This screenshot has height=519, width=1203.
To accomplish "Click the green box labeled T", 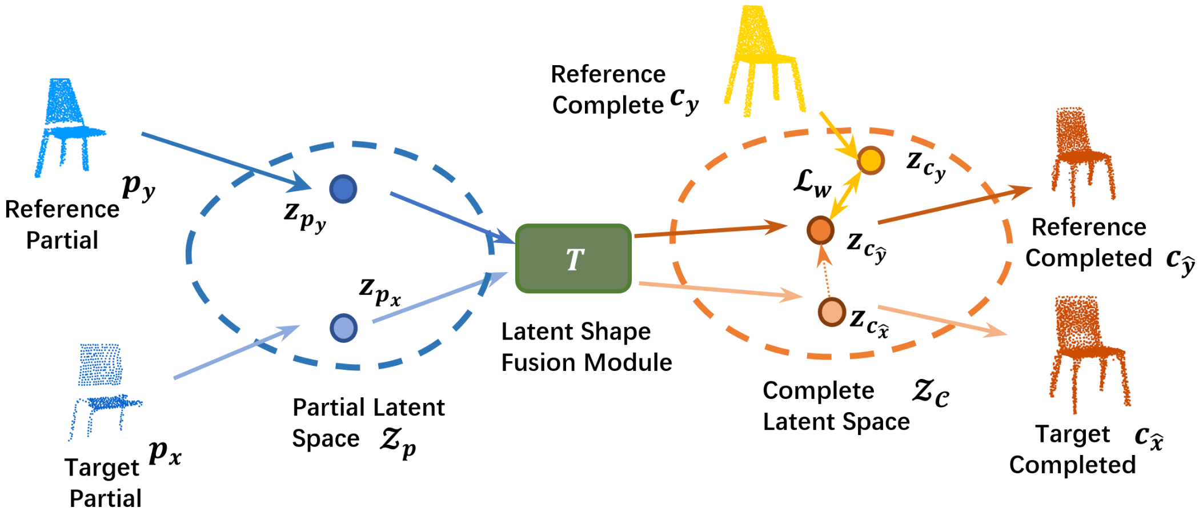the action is coord(574,258).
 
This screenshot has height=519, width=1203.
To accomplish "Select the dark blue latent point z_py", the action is coord(343,189).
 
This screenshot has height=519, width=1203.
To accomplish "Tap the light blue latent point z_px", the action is coord(344,328).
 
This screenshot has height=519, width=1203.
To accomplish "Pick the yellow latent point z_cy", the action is coord(871,160).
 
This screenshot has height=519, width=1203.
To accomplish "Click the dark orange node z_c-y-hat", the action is coord(820,230).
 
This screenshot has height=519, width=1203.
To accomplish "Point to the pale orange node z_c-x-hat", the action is coord(832,312).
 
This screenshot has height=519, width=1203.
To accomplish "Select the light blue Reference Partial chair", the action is coord(69,127).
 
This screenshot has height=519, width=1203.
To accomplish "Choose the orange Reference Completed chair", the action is coord(1082,156).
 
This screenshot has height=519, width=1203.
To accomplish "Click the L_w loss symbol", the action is coord(812,183).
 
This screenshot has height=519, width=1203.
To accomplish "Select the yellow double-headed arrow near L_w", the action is coord(845,195).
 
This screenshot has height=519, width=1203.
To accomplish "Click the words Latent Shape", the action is coord(576,333).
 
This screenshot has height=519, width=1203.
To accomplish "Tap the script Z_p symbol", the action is coord(398,443).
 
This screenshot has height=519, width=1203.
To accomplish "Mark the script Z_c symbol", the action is coord(931,393).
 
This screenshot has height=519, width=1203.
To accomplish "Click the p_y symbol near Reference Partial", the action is coord(138,187).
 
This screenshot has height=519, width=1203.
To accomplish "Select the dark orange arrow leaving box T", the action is coord(711,231).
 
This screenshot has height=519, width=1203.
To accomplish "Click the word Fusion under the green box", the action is coord(539,362).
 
